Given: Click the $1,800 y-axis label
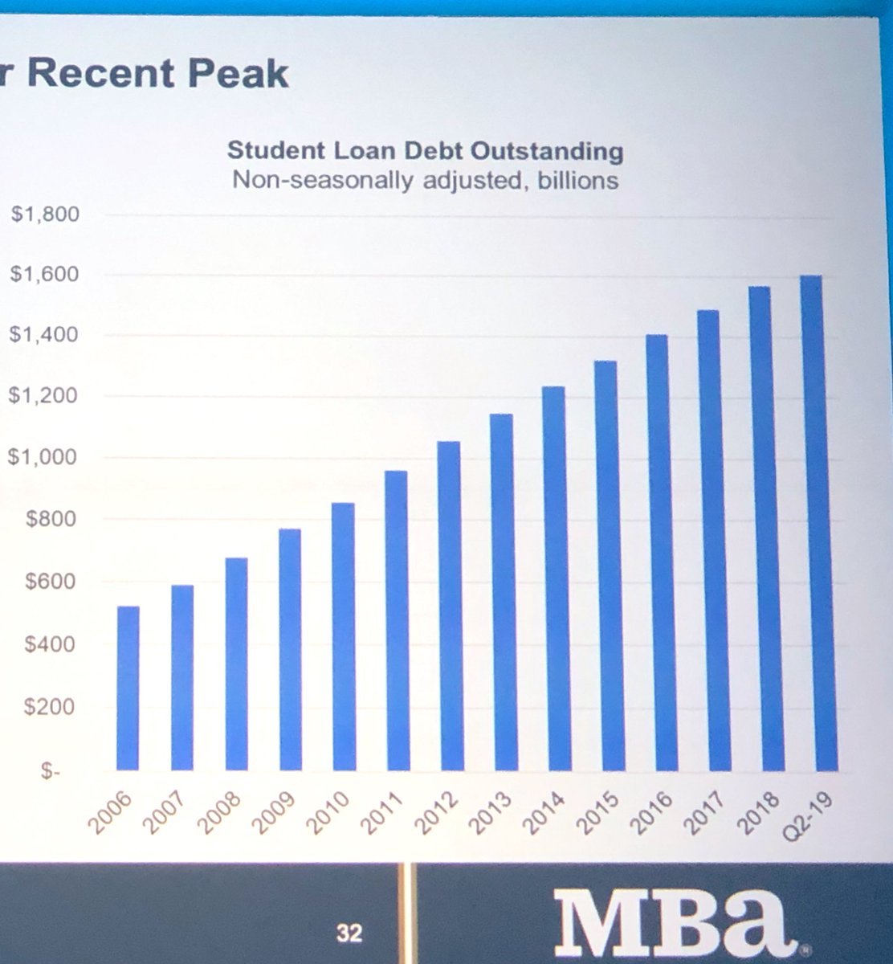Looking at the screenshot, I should point(45,214).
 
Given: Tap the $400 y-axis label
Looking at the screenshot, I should point(51,644).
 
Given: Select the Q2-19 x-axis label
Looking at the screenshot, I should point(810,814).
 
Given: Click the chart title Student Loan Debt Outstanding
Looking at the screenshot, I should point(425,151).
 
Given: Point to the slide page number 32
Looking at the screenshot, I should point(349,933).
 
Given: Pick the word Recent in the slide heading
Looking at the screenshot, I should point(100,74).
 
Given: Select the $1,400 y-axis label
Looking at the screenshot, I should point(44,334).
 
